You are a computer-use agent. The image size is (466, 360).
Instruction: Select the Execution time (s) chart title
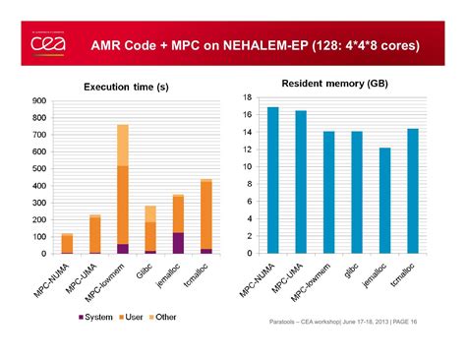123,88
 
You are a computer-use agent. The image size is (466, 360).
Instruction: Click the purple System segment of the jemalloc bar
178,243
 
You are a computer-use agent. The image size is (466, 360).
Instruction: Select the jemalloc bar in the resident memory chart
384,201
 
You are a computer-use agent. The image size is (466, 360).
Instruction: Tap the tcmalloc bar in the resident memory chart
412,191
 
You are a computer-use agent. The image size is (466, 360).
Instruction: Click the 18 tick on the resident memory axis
249,97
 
